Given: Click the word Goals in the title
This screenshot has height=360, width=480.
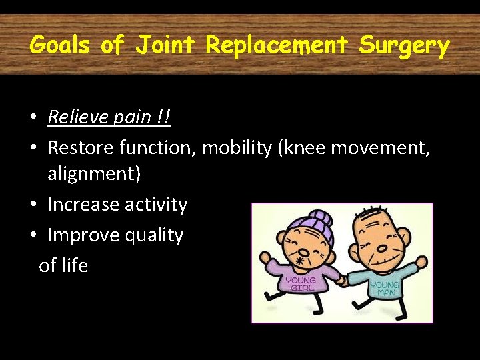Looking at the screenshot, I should pos(60,46).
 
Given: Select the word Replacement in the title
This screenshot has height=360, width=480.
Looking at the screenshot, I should pos(277,46).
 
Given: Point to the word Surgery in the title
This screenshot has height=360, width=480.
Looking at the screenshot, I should pos(404,46).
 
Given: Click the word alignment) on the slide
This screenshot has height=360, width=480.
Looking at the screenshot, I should pos(94,175).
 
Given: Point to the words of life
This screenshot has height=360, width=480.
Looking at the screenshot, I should pos(63,265).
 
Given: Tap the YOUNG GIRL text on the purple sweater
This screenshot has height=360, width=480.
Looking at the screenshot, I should pos(300,284).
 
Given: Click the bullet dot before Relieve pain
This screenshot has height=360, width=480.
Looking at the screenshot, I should pos(33,119).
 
